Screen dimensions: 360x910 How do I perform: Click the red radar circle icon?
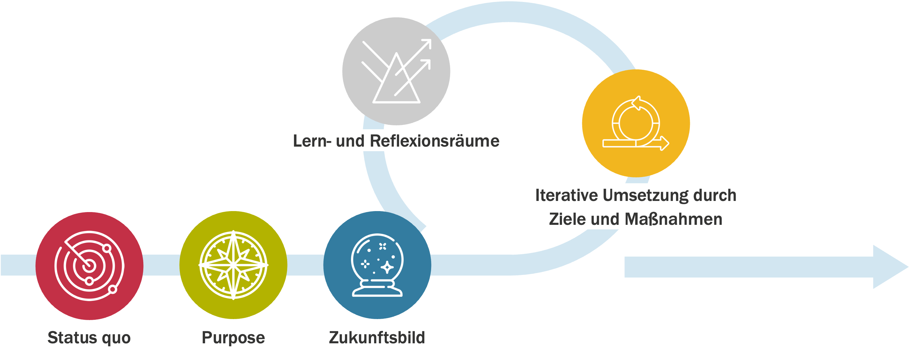pyautogui.click(x=89, y=266)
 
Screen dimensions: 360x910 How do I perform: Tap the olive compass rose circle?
pyautogui.click(x=233, y=265)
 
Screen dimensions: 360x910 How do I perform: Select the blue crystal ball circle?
pyautogui.click(x=377, y=265)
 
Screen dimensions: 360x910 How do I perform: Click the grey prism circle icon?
pyautogui.click(x=396, y=71)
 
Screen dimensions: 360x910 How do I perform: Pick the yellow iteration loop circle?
pyautogui.click(x=636, y=123)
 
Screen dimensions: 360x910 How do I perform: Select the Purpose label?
pyautogui.click(x=233, y=337)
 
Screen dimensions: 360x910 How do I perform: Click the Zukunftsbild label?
pyautogui.click(x=377, y=337)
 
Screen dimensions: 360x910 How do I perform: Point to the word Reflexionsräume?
pyautogui.click(x=434, y=141)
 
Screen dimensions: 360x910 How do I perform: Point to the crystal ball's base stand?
pyautogui.click(x=377, y=290)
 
